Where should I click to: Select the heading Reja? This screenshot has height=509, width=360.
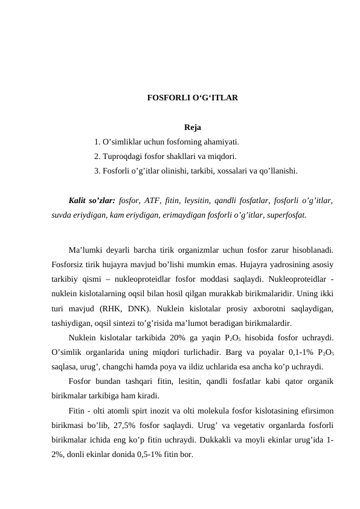[193, 128]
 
